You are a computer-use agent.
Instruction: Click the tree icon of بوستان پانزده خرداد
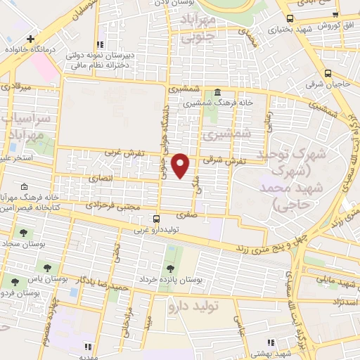pos(169,269)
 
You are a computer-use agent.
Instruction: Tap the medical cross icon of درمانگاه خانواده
pos(29,40)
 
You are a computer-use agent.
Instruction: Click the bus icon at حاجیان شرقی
pos(328,73)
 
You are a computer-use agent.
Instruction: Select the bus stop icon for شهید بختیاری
pos(290,19)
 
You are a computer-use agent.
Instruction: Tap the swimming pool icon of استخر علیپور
pos(13,148)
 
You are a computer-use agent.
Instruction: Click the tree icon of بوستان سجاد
pos(24,232)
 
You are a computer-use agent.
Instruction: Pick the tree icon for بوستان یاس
pos(48,268)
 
